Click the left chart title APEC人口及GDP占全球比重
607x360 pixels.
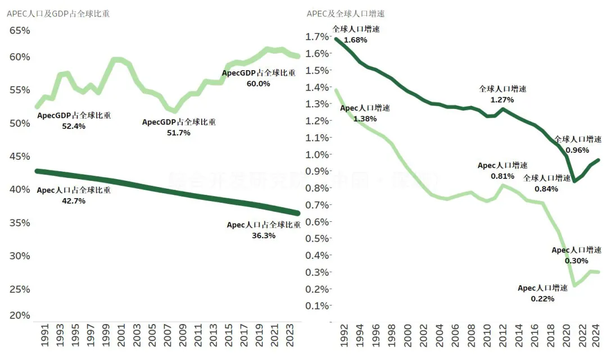[x=58, y=13]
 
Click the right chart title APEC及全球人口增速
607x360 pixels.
[x=346, y=13]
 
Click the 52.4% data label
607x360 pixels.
[x=74, y=126]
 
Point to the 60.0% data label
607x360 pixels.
[x=258, y=84]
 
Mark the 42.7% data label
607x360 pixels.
[x=74, y=201]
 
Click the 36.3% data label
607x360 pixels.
[x=264, y=236]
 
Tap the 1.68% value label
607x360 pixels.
[x=355, y=40]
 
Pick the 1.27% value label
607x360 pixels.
[x=502, y=99]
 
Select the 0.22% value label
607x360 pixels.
[x=542, y=299]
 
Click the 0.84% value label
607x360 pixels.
[x=546, y=189]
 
